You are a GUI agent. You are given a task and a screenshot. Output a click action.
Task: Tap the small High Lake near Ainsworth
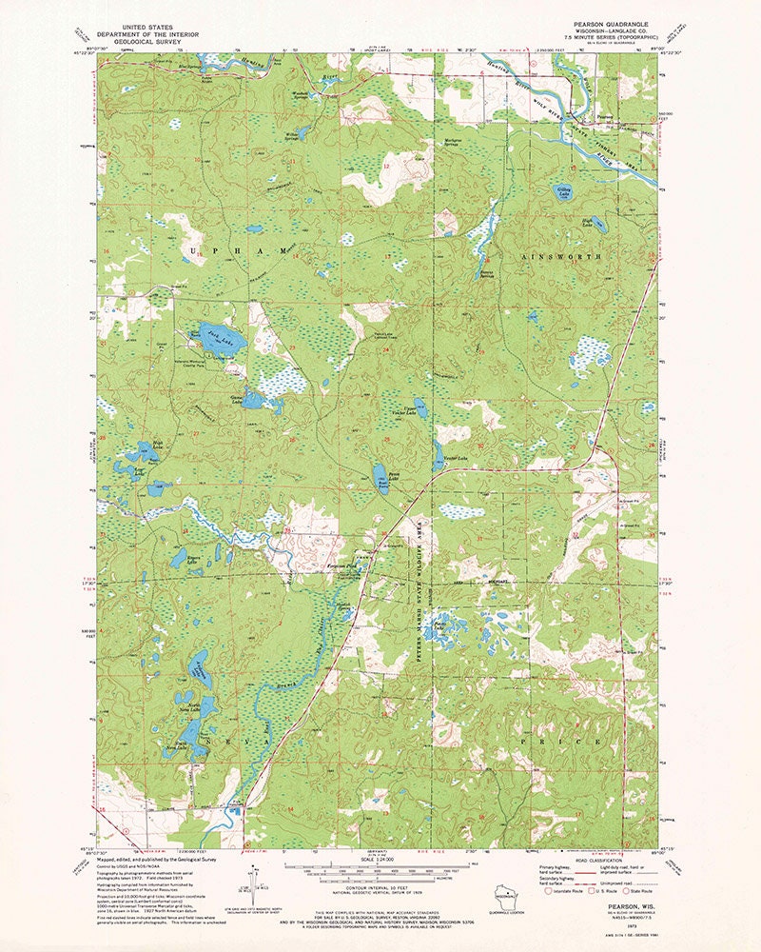tap(596, 226)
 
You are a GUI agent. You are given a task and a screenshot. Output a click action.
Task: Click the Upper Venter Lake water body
tap(419, 411)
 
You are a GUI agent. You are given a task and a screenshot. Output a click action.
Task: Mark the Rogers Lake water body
tap(179, 558)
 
